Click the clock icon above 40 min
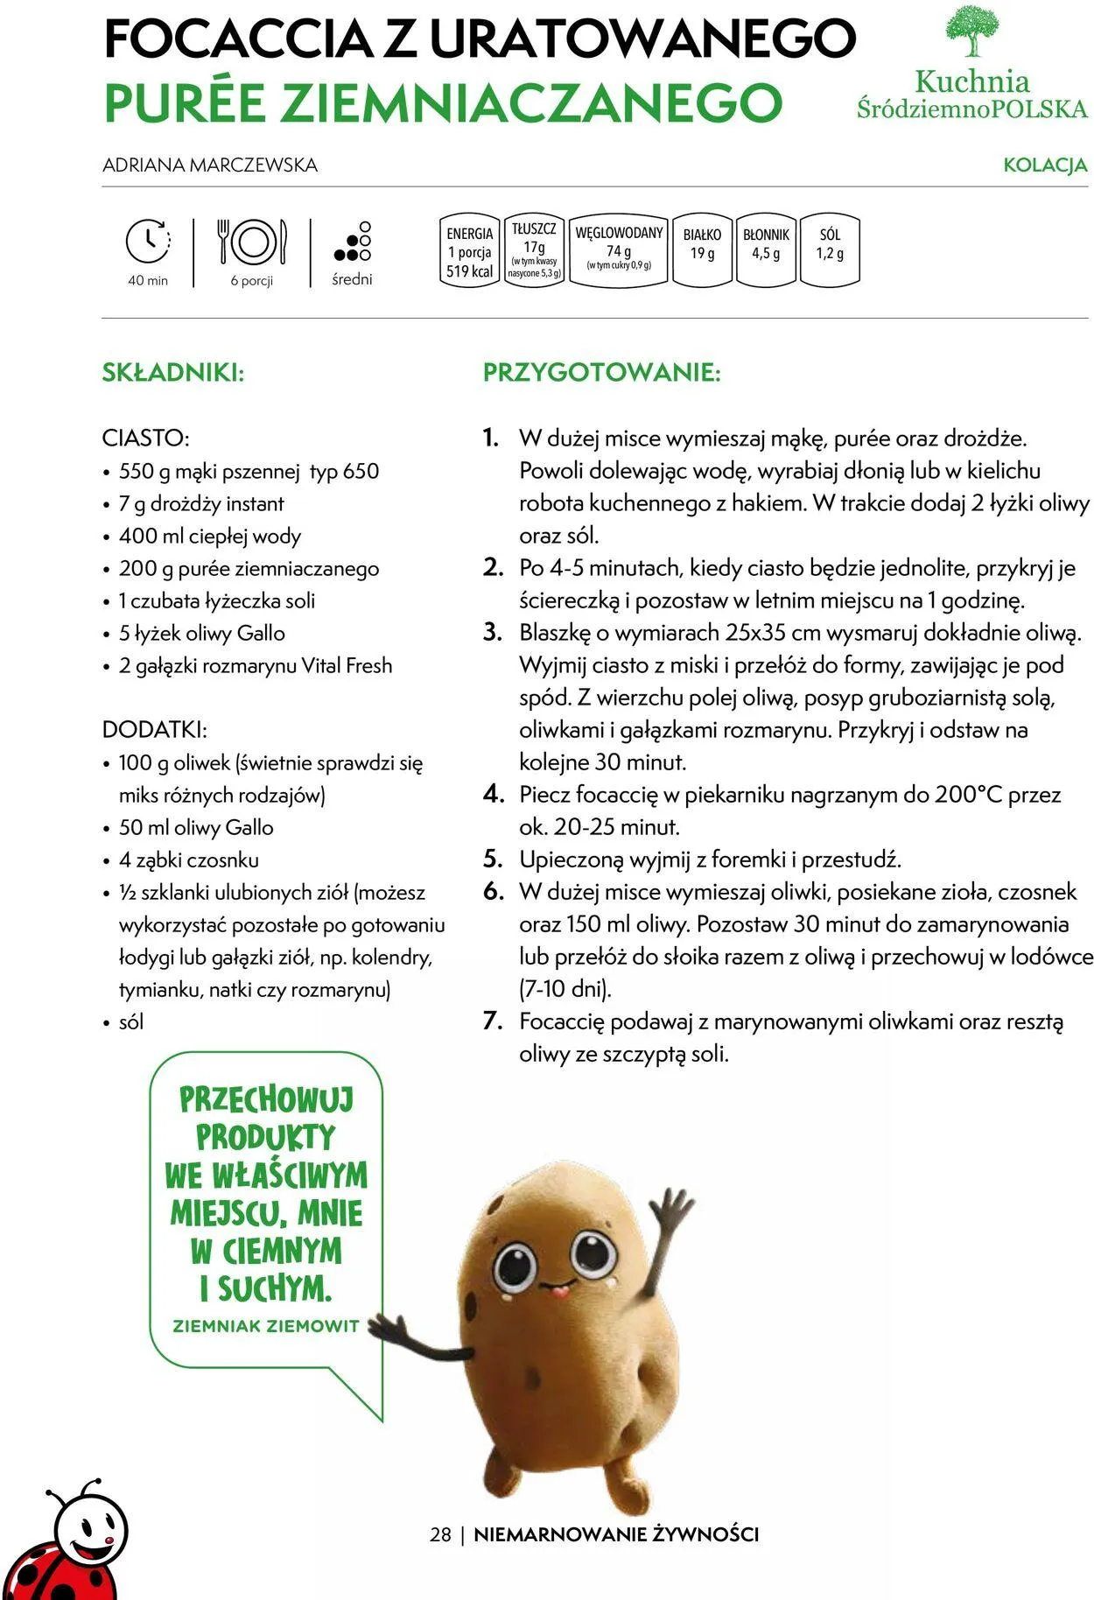pyautogui.click(x=148, y=241)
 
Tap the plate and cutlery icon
pyautogui.click(x=252, y=241)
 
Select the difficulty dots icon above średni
pyautogui.click(x=353, y=242)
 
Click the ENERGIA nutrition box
pyautogui.click(x=470, y=251)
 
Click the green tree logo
pyautogui.click(x=972, y=32)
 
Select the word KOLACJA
pyautogui.click(x=1045, y=165)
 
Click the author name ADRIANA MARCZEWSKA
pyautogui.click(x=210, y=165)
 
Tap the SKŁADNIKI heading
pyautogui.click(x=173, y=373)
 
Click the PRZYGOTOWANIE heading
pyautogui.click(x=602, y=373)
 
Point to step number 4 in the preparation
pyautogui.click(x=494, y=795)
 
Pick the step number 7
pyautogui.click(x=494, y=1021)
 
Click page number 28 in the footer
pyautogui.click(x=441, y=1534)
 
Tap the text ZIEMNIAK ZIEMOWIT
pyautogui.click(x=266, y=1326)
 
